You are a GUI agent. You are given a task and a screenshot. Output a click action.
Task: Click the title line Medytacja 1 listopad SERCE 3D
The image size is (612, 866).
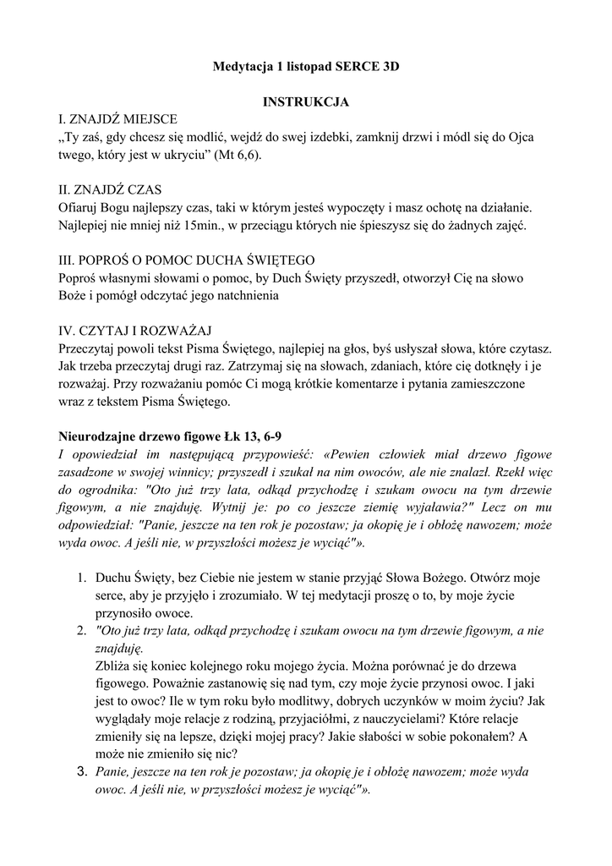point(305,66)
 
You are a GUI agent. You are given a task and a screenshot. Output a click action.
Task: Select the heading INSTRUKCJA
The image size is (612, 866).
point(305,101)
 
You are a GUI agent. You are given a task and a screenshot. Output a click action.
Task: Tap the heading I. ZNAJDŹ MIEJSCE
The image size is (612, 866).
point(117,119)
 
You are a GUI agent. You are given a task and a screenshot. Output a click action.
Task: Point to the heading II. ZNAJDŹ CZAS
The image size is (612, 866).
point(110,189)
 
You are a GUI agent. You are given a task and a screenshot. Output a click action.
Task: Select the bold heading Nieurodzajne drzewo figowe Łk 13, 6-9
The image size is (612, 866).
point(170,436)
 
